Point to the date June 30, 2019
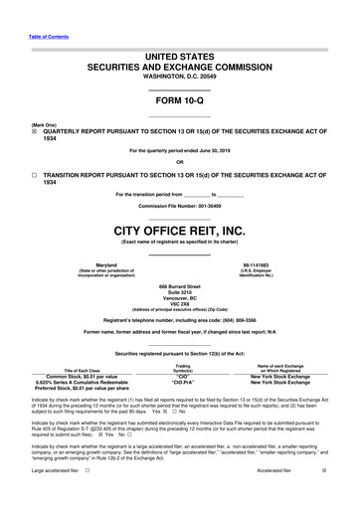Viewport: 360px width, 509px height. [x=230, y=150]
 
